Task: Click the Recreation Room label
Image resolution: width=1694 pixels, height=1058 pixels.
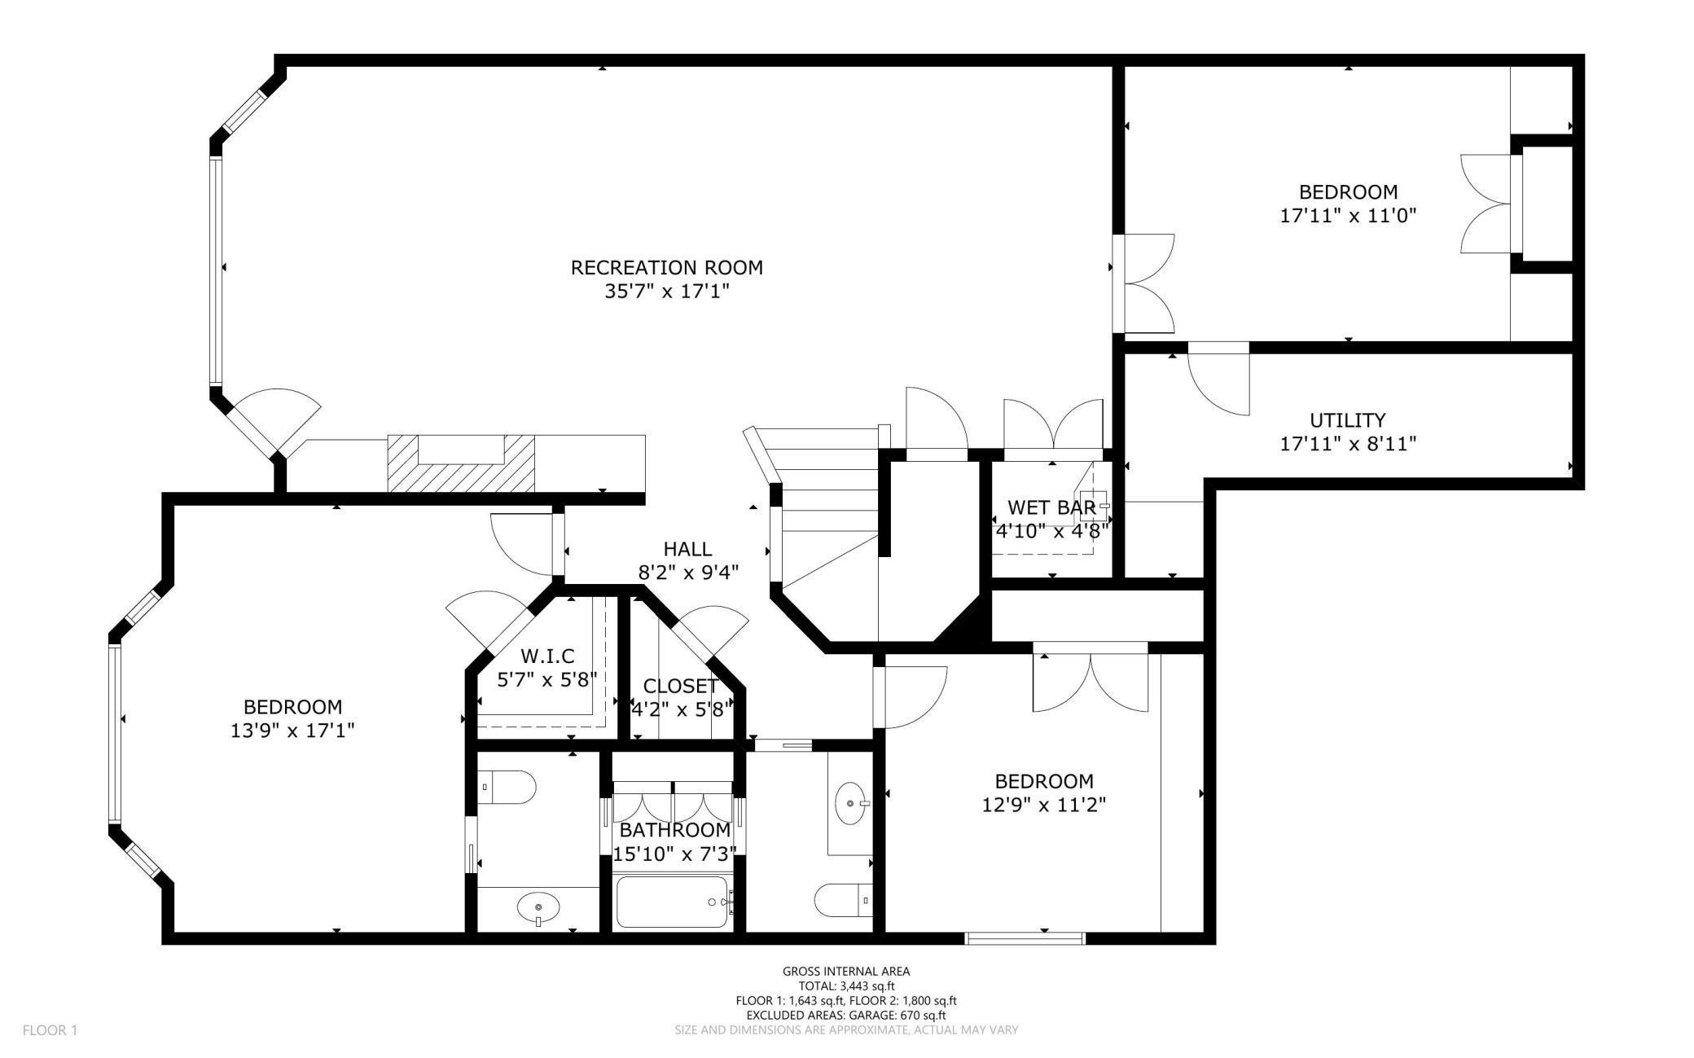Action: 666,267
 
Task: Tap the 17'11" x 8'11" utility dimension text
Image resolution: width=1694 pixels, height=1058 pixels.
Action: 1347,444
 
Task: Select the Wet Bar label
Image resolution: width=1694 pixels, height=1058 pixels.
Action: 1051,507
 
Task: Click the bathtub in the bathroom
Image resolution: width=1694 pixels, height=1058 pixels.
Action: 672,902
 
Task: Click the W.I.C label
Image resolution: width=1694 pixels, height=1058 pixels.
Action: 547,656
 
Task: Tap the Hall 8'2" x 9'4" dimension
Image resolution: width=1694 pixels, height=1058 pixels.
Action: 687,573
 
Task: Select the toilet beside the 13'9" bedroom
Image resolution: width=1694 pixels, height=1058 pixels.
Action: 507,788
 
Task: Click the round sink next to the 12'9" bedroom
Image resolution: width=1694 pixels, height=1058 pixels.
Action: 851,803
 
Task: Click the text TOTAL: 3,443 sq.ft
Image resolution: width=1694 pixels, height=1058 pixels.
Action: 845,986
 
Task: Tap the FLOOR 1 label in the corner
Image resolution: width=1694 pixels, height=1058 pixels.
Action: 50,1030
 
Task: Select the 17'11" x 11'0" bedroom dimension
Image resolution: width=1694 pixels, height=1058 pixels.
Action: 1348,216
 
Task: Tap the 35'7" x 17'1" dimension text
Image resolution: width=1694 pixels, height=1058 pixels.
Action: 666,292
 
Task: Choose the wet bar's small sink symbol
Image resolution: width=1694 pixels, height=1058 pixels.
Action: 1093,505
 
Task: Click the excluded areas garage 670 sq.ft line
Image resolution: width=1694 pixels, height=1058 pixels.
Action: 845,1015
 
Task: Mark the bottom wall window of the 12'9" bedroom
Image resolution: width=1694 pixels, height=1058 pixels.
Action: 1025,938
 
